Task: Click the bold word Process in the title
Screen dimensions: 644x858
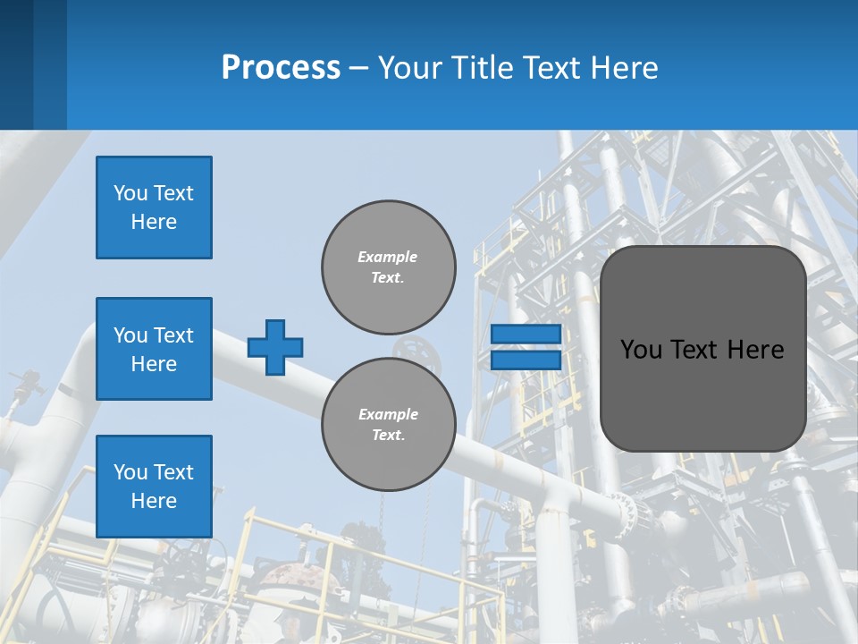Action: (x=281, y=68)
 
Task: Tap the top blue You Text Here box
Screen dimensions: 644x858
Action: (x=154, y=208)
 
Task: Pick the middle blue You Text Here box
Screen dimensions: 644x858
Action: (x=154, y=349)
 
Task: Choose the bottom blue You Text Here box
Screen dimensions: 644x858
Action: (x=154, y=487)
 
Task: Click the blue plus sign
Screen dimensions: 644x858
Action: (x=275, y=347)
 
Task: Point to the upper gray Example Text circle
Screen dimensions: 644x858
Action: (x=388, y=267)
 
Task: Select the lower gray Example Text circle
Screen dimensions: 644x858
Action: (x=388, y=424)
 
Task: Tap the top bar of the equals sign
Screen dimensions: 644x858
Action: (x=526, y=335)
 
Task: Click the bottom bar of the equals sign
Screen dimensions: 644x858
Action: (x=526, y=360)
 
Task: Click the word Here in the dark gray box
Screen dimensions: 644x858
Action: (x=755, y=350)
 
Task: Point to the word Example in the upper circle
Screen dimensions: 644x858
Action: (x=387, y=257)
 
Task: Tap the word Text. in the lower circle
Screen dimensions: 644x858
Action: (x=388, y=436)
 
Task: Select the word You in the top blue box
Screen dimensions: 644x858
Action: (x=130, y=193)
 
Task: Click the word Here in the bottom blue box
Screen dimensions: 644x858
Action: (x=154, y=501)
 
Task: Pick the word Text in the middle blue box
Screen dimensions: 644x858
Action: (x=173, y=335)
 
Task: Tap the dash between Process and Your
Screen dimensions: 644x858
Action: (x=359, y=68)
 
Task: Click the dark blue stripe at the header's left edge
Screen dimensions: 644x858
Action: (x=16, y=64)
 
